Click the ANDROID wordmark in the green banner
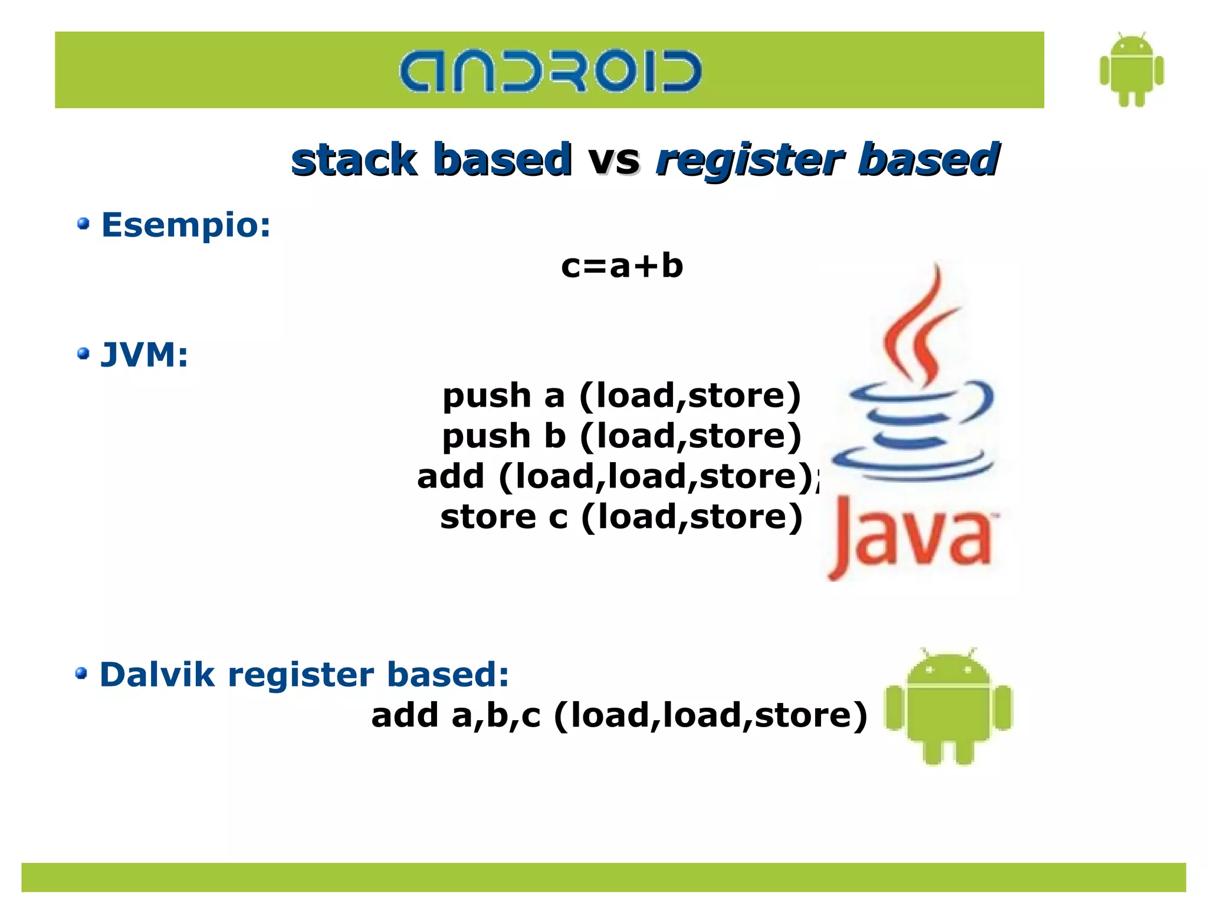(x=550, y=71)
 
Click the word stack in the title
(x=354, y=160)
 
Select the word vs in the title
(x=614, y=160)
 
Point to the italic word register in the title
(x=749, y=160)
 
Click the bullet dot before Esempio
(x=83, y=224)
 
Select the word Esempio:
(x=186, y=225)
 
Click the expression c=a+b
(x=622, y=266)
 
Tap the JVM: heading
(x=145, y=355)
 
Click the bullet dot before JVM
(x=83, y=354)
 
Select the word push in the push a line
(x=487, y=396)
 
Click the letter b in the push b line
(x=554, y=436)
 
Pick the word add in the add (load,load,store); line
(x=450, y=476)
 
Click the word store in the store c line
(x=488, y=517)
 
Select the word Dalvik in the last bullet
(x=156, y=675)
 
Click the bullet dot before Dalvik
(x=81, y=673)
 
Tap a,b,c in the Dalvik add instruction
(x=495, y=715)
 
